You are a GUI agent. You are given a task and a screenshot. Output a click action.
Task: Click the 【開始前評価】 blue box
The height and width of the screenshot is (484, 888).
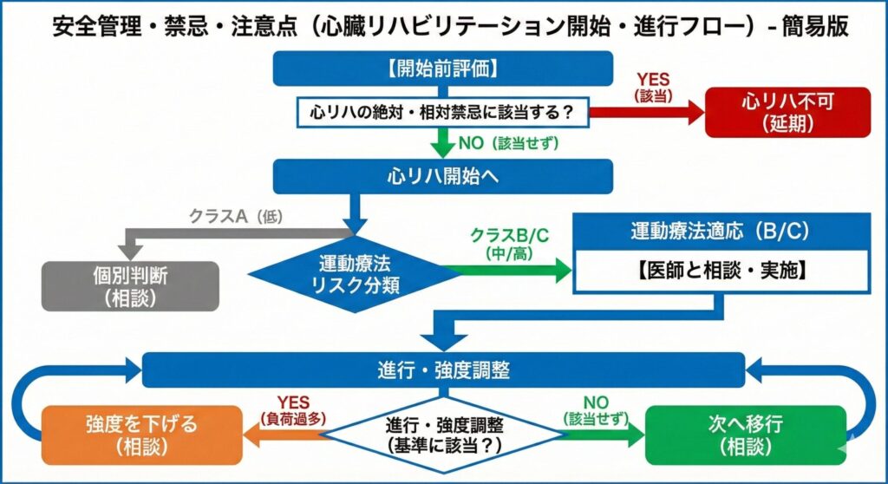tap(442, 69)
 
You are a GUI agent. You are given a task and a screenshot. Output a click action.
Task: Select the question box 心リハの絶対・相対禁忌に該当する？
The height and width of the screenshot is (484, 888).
tap(442, 112)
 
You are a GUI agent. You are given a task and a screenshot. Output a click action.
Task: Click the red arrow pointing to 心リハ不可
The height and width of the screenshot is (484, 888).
tap(642, 112)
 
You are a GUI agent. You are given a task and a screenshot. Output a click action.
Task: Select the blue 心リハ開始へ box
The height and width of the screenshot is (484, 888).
tap(442, 176)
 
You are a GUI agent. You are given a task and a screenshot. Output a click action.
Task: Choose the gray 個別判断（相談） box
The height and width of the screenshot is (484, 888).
tap(130, 284)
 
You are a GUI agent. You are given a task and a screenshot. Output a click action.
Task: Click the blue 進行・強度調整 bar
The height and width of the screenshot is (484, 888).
tap(442, 370)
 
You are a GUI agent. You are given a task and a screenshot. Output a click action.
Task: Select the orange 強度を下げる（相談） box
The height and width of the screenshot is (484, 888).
tap(140, 434)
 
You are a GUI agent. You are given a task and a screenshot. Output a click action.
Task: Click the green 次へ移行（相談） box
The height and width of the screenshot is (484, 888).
tap(745, 434)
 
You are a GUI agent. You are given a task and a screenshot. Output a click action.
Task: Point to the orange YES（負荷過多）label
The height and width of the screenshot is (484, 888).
tap(292, 409)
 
